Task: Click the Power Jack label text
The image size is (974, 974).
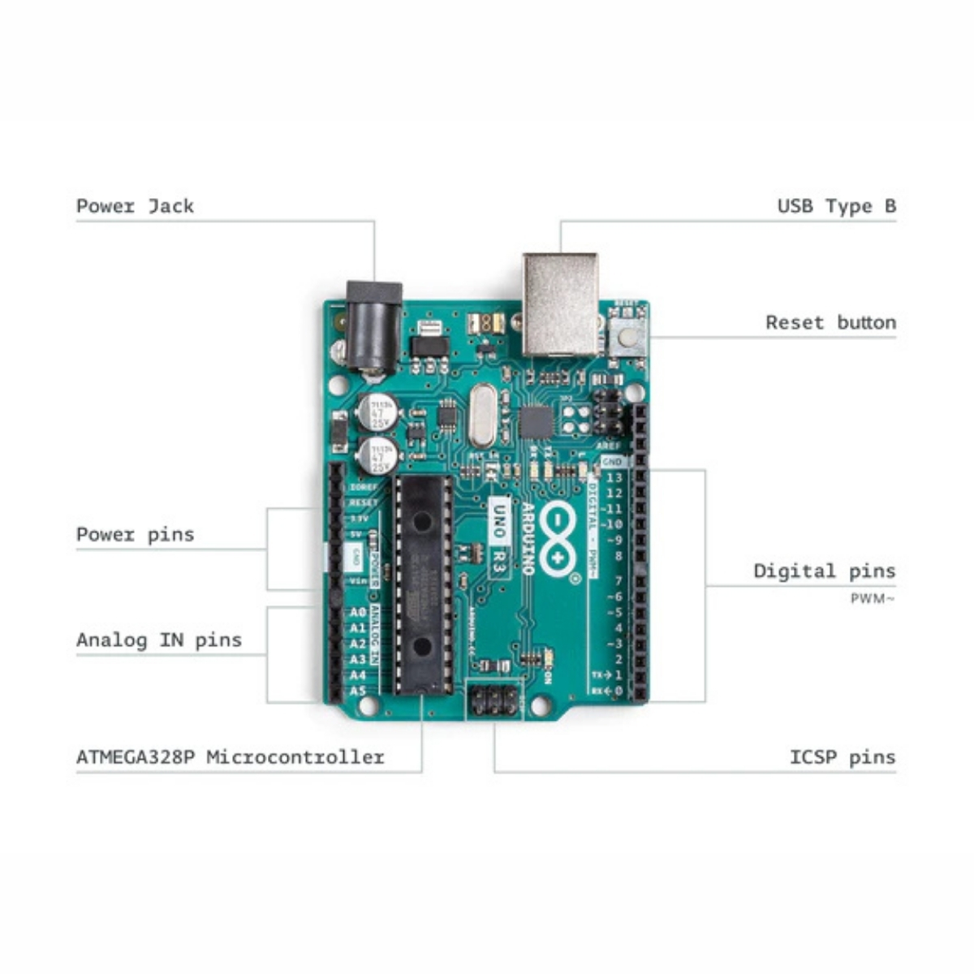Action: click(x=135, y=206)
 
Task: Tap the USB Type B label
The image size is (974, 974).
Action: click(x=836, y=206)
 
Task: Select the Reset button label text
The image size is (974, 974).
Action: click(x=830, y=322)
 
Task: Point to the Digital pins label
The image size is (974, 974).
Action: click(x=824, y=571)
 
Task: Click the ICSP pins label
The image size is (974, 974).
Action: click(x=842, y=757)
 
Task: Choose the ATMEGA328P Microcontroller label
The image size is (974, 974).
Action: click(x=230, y=757)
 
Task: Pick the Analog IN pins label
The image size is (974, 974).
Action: click(x=159, y=640)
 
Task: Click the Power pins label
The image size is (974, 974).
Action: click(x=135, y=534)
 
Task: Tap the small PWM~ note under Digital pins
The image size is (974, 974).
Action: click(x=873, y=599)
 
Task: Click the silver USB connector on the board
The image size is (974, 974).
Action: click(x=560, y=304)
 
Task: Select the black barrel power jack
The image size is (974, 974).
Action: click(x=373, y=325)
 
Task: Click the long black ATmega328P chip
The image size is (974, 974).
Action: click(x=423, y=584)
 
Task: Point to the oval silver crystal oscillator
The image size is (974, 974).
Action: click(x=482, y=415)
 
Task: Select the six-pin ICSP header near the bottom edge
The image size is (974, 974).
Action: click(x=494, y=700)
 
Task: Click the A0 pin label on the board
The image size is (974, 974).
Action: click(x=358, y=613)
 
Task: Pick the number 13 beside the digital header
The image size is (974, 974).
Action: click(x=614, y=478)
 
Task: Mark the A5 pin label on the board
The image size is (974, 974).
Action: click(x=358, y=692)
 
